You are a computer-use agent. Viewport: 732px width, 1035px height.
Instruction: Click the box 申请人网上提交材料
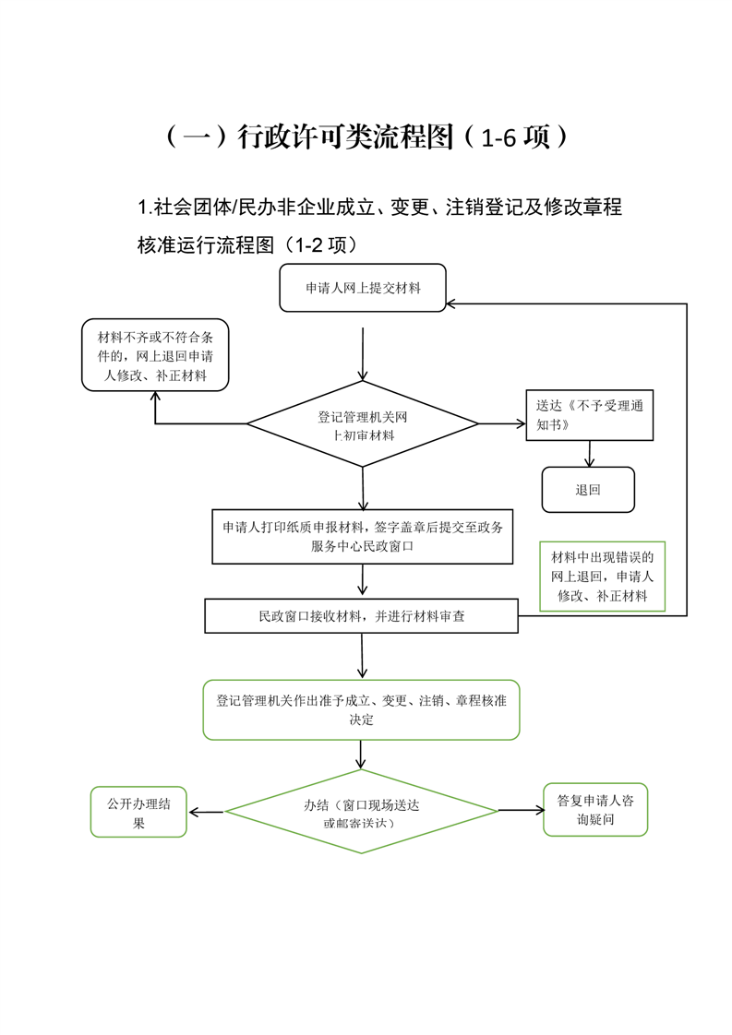363,288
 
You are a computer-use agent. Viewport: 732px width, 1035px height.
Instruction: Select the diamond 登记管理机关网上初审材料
363,423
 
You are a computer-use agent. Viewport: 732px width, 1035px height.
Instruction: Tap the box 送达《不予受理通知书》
589,415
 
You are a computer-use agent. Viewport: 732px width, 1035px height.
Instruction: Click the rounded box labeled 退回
588,490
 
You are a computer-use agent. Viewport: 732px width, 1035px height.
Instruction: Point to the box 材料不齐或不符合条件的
155,355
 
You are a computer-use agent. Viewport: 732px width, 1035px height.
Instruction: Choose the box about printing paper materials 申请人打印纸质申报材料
362,537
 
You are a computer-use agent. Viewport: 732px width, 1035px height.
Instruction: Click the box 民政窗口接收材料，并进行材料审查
361,616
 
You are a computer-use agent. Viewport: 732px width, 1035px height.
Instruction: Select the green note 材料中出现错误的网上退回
603,577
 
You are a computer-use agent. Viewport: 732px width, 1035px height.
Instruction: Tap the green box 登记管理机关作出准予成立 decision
361,709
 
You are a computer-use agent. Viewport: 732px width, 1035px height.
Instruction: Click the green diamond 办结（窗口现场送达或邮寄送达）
361,811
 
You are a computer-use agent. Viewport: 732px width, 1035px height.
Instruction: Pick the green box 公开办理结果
138,812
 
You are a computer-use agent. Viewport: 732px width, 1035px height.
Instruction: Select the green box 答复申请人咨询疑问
595,810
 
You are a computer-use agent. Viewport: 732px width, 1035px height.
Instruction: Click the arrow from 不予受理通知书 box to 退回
589,454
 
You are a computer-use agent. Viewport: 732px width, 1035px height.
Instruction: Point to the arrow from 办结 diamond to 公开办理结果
207,812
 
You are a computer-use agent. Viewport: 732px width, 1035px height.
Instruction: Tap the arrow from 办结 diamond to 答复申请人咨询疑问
522,810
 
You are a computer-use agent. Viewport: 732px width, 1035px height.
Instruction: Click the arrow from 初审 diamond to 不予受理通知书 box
502,423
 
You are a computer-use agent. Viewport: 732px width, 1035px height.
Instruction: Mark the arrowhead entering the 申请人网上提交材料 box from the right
450,303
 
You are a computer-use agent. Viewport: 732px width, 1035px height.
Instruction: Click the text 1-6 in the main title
498,137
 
